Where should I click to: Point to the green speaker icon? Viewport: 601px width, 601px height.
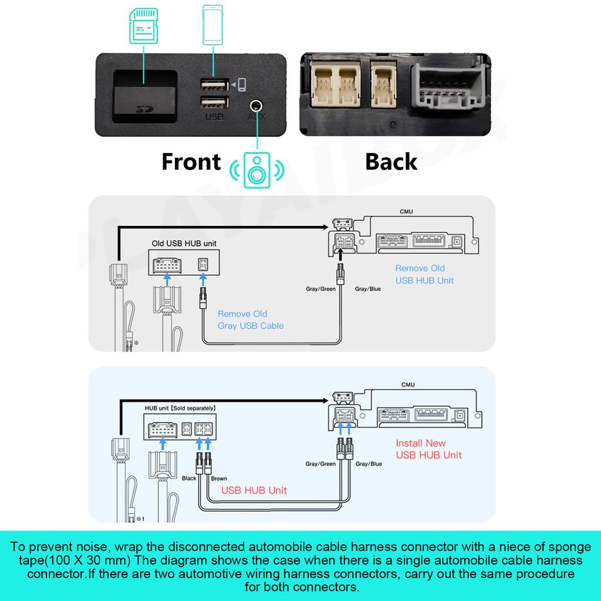[x=256, y=170]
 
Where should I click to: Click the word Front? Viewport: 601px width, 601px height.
[x=191, y=161]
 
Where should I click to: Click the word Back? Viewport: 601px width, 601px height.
[x=391, y=161]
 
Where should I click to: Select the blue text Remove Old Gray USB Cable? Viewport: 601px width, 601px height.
[x=251, y=320]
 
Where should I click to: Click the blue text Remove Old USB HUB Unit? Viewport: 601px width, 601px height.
[x=424, y=274]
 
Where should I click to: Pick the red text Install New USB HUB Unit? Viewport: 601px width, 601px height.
[x=428, y=449]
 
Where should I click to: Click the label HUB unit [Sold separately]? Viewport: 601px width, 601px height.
[x=180, y=407]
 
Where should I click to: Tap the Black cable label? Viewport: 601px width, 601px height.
[x=189, y=478]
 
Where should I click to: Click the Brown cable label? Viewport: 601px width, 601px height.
[x=219, y=478]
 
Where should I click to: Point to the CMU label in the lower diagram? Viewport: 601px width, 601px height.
[x=408, y=384]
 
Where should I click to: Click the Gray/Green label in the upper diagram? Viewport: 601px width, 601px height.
[x=320, y=289]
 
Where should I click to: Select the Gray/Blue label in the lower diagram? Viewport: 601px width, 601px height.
[x=368, y=464]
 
